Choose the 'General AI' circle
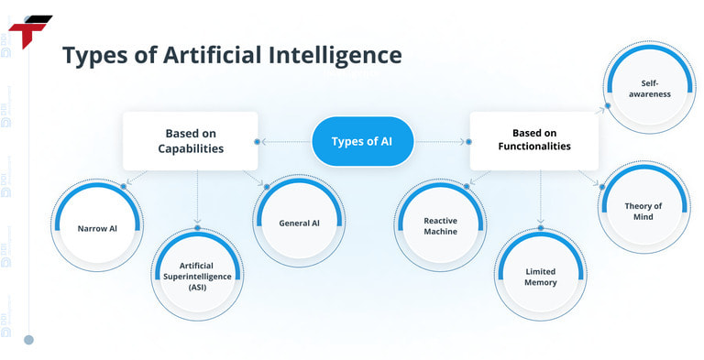[x=299, y=223]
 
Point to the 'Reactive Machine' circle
[x=440, y=225]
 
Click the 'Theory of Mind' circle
[x=643, y=212]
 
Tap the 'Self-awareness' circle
[x=655, y=88]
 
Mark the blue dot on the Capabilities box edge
[x=258, y=142]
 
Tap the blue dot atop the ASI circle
[x=197, y=228]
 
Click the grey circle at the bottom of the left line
[x=28, y=340]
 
